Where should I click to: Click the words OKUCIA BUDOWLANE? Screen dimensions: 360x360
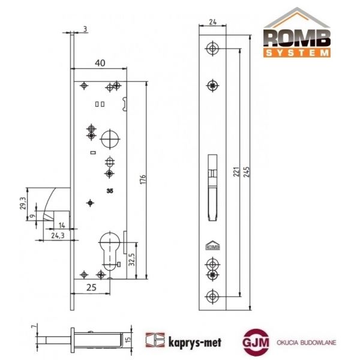(307, 343)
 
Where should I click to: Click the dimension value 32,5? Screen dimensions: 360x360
(131, 260)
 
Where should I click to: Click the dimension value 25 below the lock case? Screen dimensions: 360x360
(91, 288)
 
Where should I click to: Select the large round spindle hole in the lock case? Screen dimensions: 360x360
(110, 139)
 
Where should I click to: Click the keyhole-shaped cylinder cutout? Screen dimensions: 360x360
(109, 248)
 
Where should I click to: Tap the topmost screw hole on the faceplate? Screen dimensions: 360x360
(213, 49)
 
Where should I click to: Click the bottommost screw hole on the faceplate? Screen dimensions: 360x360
(213, 296)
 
